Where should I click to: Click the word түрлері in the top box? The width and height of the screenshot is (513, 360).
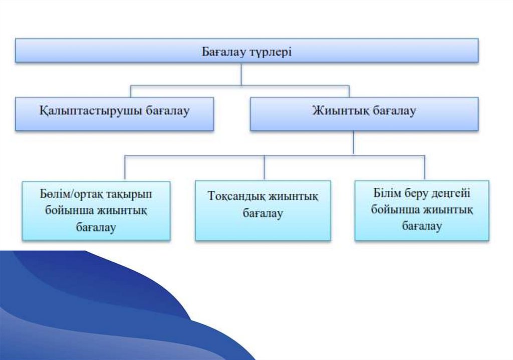point(270,52)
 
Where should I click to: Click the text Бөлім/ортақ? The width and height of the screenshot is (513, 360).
point(63,193)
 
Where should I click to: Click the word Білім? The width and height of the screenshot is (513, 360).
point(386,193)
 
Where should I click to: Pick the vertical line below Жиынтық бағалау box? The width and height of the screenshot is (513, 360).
point(353,143)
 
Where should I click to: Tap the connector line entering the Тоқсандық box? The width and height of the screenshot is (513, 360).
point(264,168)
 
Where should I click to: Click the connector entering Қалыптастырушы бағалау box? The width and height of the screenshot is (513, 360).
point(131,92)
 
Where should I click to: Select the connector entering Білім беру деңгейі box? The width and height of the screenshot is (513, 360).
point(424,168)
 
